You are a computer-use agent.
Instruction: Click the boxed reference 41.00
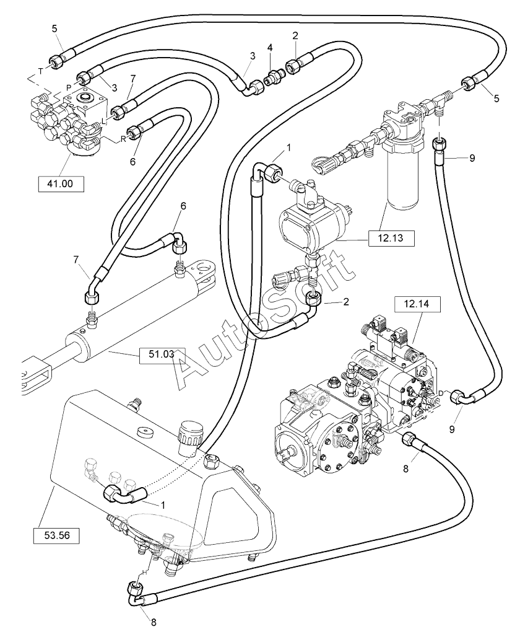(61, 183)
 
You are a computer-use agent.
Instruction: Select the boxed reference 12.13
(391, 238)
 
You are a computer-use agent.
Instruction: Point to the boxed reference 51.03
(162, 355)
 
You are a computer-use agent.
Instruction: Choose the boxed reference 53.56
(56, 535)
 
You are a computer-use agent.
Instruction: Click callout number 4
(270, 48)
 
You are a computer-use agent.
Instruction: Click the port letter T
(40, 71)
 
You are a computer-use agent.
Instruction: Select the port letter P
(69, 87)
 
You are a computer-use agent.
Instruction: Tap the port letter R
(123, 139)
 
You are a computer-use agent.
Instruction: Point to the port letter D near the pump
(441, 394)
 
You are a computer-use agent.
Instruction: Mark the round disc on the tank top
(146, 433)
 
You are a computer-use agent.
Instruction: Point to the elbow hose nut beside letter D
(458, 397)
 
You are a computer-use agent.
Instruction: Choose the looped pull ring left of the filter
(321, 164)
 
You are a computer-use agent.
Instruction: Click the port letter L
(104, 121)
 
